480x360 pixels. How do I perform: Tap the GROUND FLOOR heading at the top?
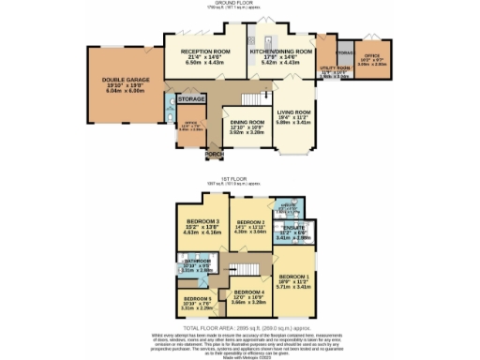[x=240, y=4]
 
